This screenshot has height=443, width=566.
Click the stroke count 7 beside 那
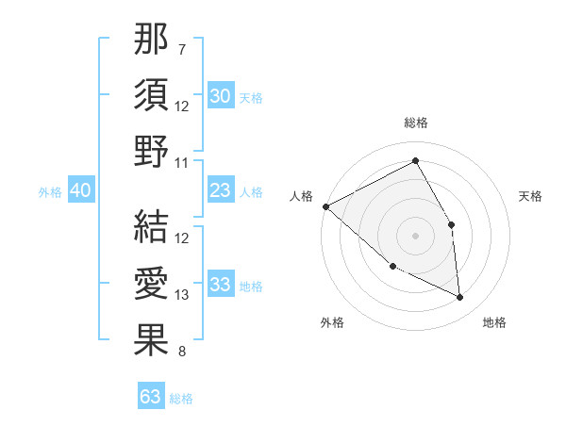pos(182,48)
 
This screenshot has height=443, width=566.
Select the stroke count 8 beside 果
pos(182,353)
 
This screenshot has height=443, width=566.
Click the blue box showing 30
pos(220,95)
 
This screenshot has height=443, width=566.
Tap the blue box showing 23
pos(220,191)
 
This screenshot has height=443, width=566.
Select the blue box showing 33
pos(220,285)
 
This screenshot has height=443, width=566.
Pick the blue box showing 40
pos(80,191)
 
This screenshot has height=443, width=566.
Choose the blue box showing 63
pos(151,397)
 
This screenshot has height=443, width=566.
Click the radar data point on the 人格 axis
pos(325,206)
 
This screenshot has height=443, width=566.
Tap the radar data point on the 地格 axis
pos(459,298)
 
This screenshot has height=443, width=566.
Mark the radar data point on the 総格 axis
pos(415,161)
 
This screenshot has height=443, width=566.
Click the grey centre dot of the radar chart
pos(415,235)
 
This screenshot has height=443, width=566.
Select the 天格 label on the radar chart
pos(530,196)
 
